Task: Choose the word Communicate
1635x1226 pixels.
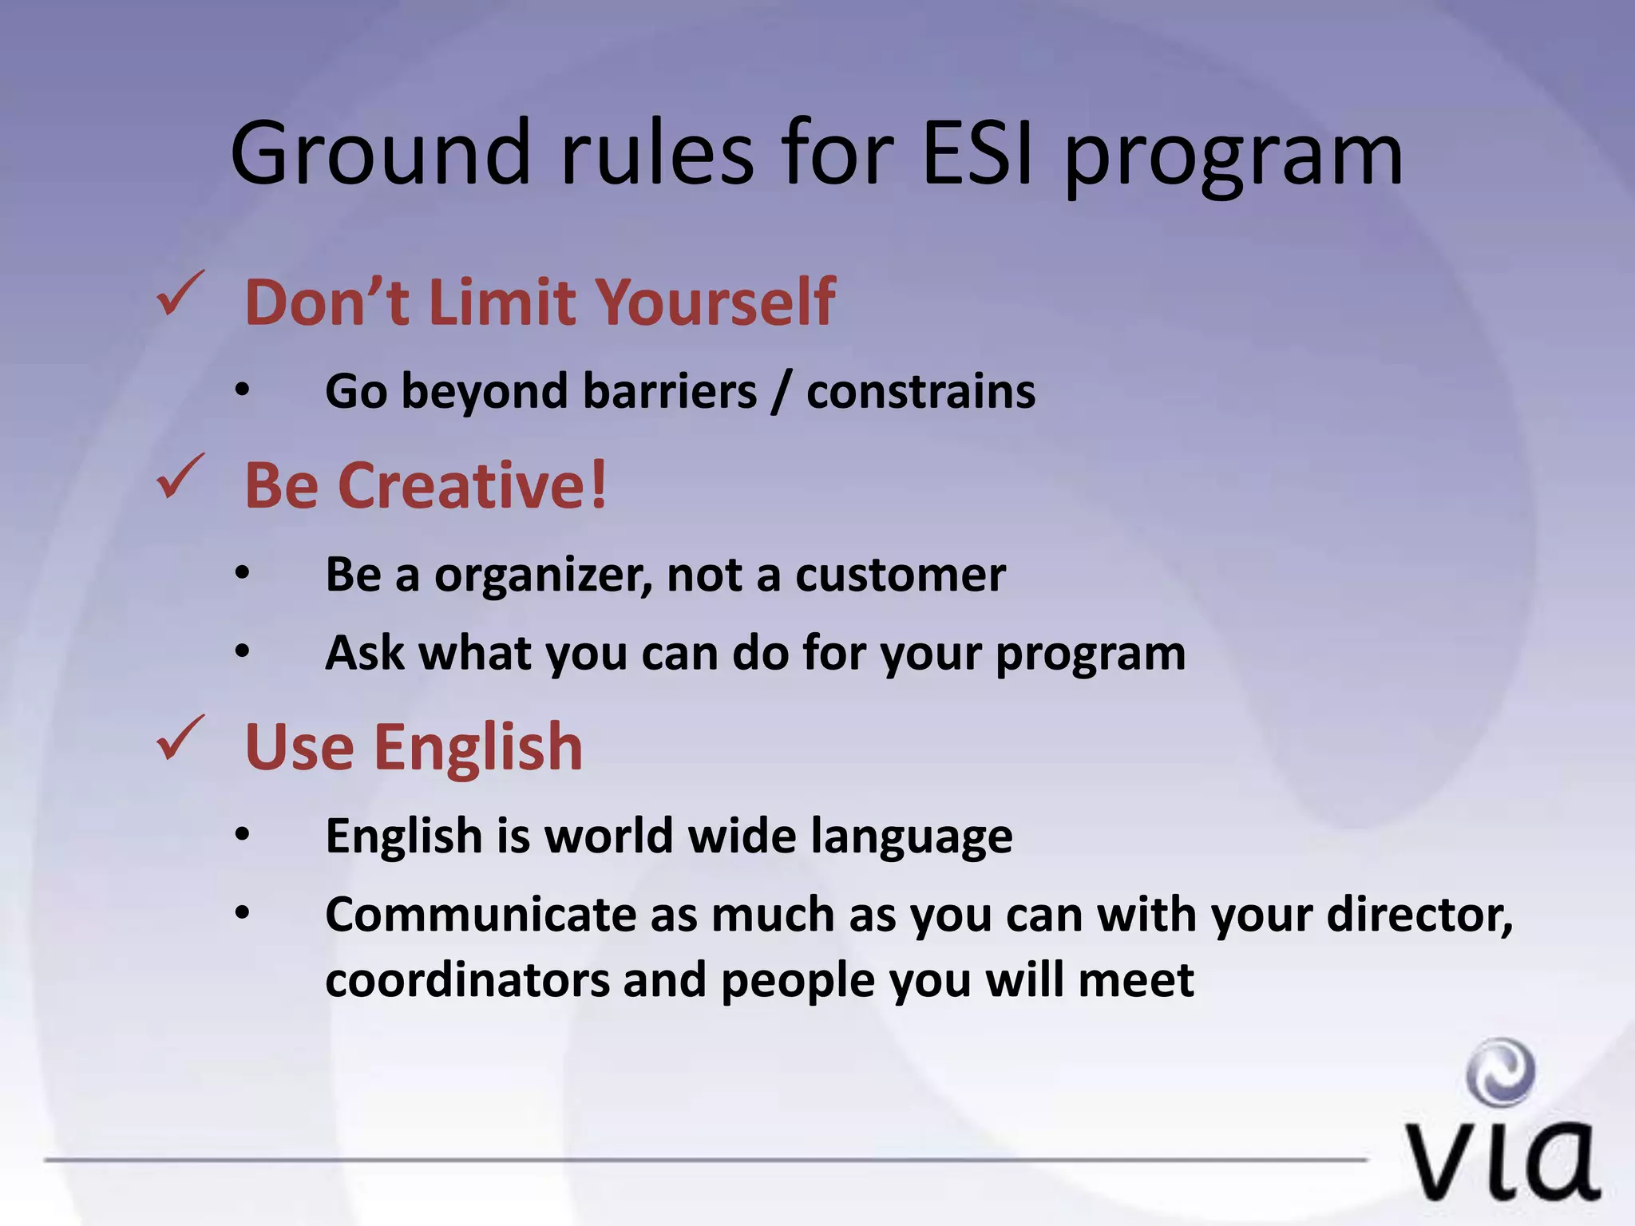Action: point(480,914)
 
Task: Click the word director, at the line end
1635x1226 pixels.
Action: point(1419,914)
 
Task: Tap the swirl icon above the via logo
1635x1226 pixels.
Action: point(1501,1072)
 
